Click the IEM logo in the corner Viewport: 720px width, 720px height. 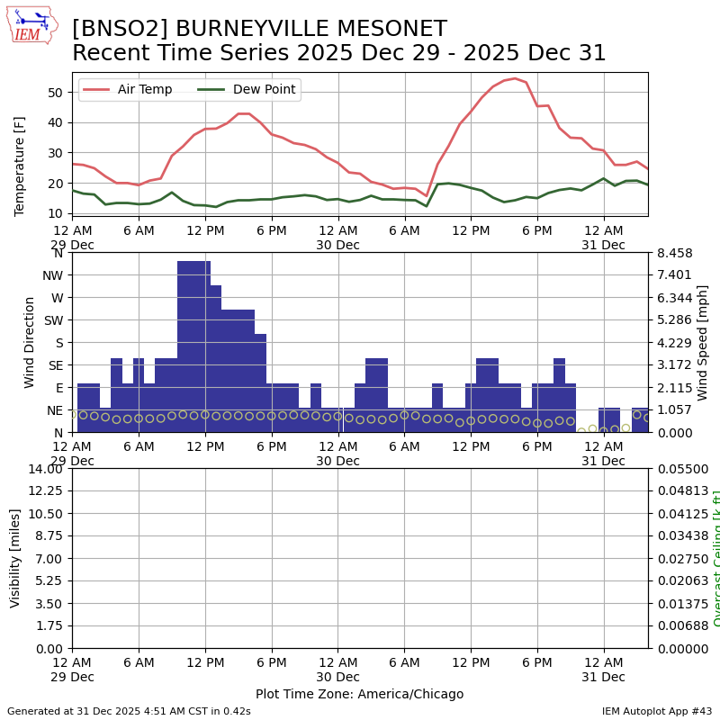(31, 25)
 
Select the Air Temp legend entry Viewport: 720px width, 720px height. (144, 90)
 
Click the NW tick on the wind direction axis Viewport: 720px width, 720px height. (54, 275)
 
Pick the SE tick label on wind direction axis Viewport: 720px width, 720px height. (55, 365)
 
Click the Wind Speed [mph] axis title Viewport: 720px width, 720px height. (703, 342)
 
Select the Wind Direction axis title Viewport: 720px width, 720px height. (30, 342)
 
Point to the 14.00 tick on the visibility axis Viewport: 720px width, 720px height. (44, 468)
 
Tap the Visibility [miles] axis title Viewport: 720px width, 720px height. (15, 558)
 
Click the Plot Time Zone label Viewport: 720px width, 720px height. (359, 694)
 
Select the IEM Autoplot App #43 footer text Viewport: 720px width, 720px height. (657, 711)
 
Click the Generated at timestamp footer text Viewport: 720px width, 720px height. (129, 711)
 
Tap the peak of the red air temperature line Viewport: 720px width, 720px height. (514, 78)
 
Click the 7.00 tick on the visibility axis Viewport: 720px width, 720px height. (49, 558)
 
